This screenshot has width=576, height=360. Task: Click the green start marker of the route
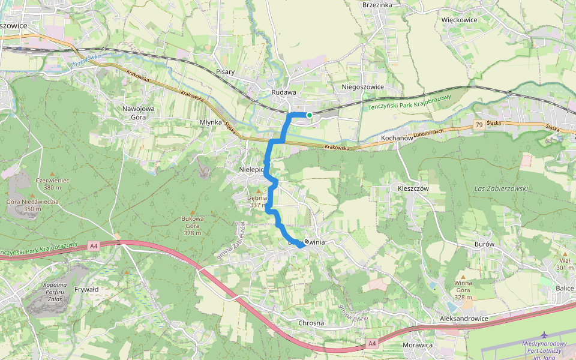click(309, 115)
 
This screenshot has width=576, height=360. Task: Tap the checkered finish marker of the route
click(307, 241)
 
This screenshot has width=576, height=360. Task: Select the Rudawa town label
click(284, 92)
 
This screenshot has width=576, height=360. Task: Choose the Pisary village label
click(225, 72)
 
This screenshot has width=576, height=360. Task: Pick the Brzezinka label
click(377, 5)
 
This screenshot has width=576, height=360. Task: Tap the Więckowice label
click(459, 20)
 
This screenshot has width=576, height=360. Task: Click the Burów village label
click(484, 245)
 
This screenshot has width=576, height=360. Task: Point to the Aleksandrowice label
click(464, 319)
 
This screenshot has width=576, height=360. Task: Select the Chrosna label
click(311, 323)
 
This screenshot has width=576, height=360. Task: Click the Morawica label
click(418, 345)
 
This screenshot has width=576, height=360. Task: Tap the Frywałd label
click(86, 289)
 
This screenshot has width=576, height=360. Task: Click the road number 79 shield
click(478, 125)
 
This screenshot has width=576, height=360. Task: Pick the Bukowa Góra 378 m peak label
click(193, 226)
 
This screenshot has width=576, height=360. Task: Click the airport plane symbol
click(544, 334)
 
